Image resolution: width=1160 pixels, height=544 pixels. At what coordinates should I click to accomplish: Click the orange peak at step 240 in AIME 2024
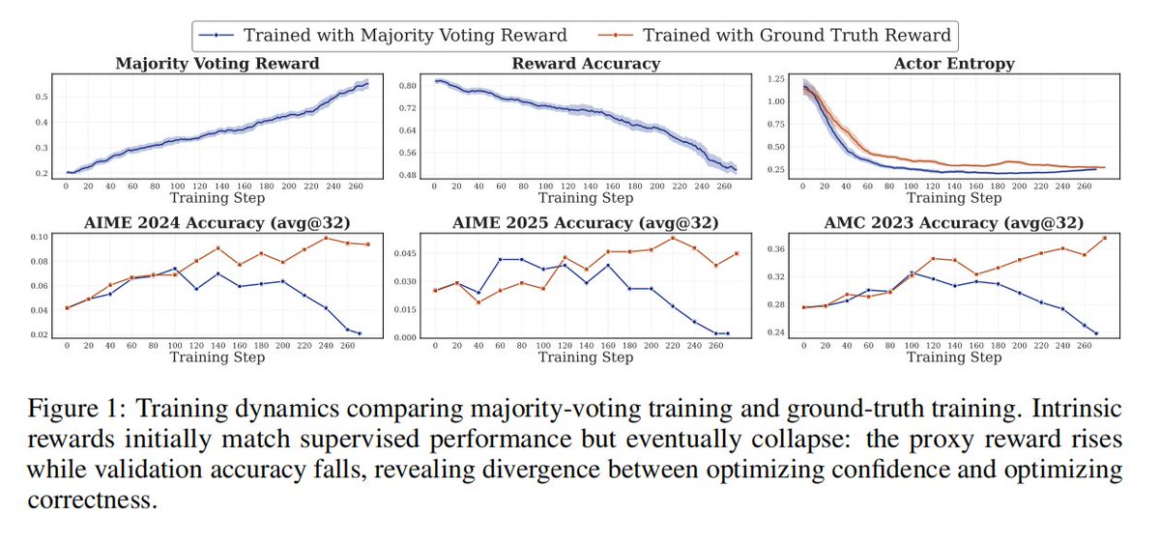(326, 238)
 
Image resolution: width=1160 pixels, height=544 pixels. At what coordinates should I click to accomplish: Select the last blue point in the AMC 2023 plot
(1096, 333)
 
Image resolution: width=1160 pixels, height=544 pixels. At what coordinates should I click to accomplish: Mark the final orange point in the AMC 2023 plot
(1104, 238)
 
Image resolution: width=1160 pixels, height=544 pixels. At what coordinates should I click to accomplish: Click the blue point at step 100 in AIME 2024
(175, 269)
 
